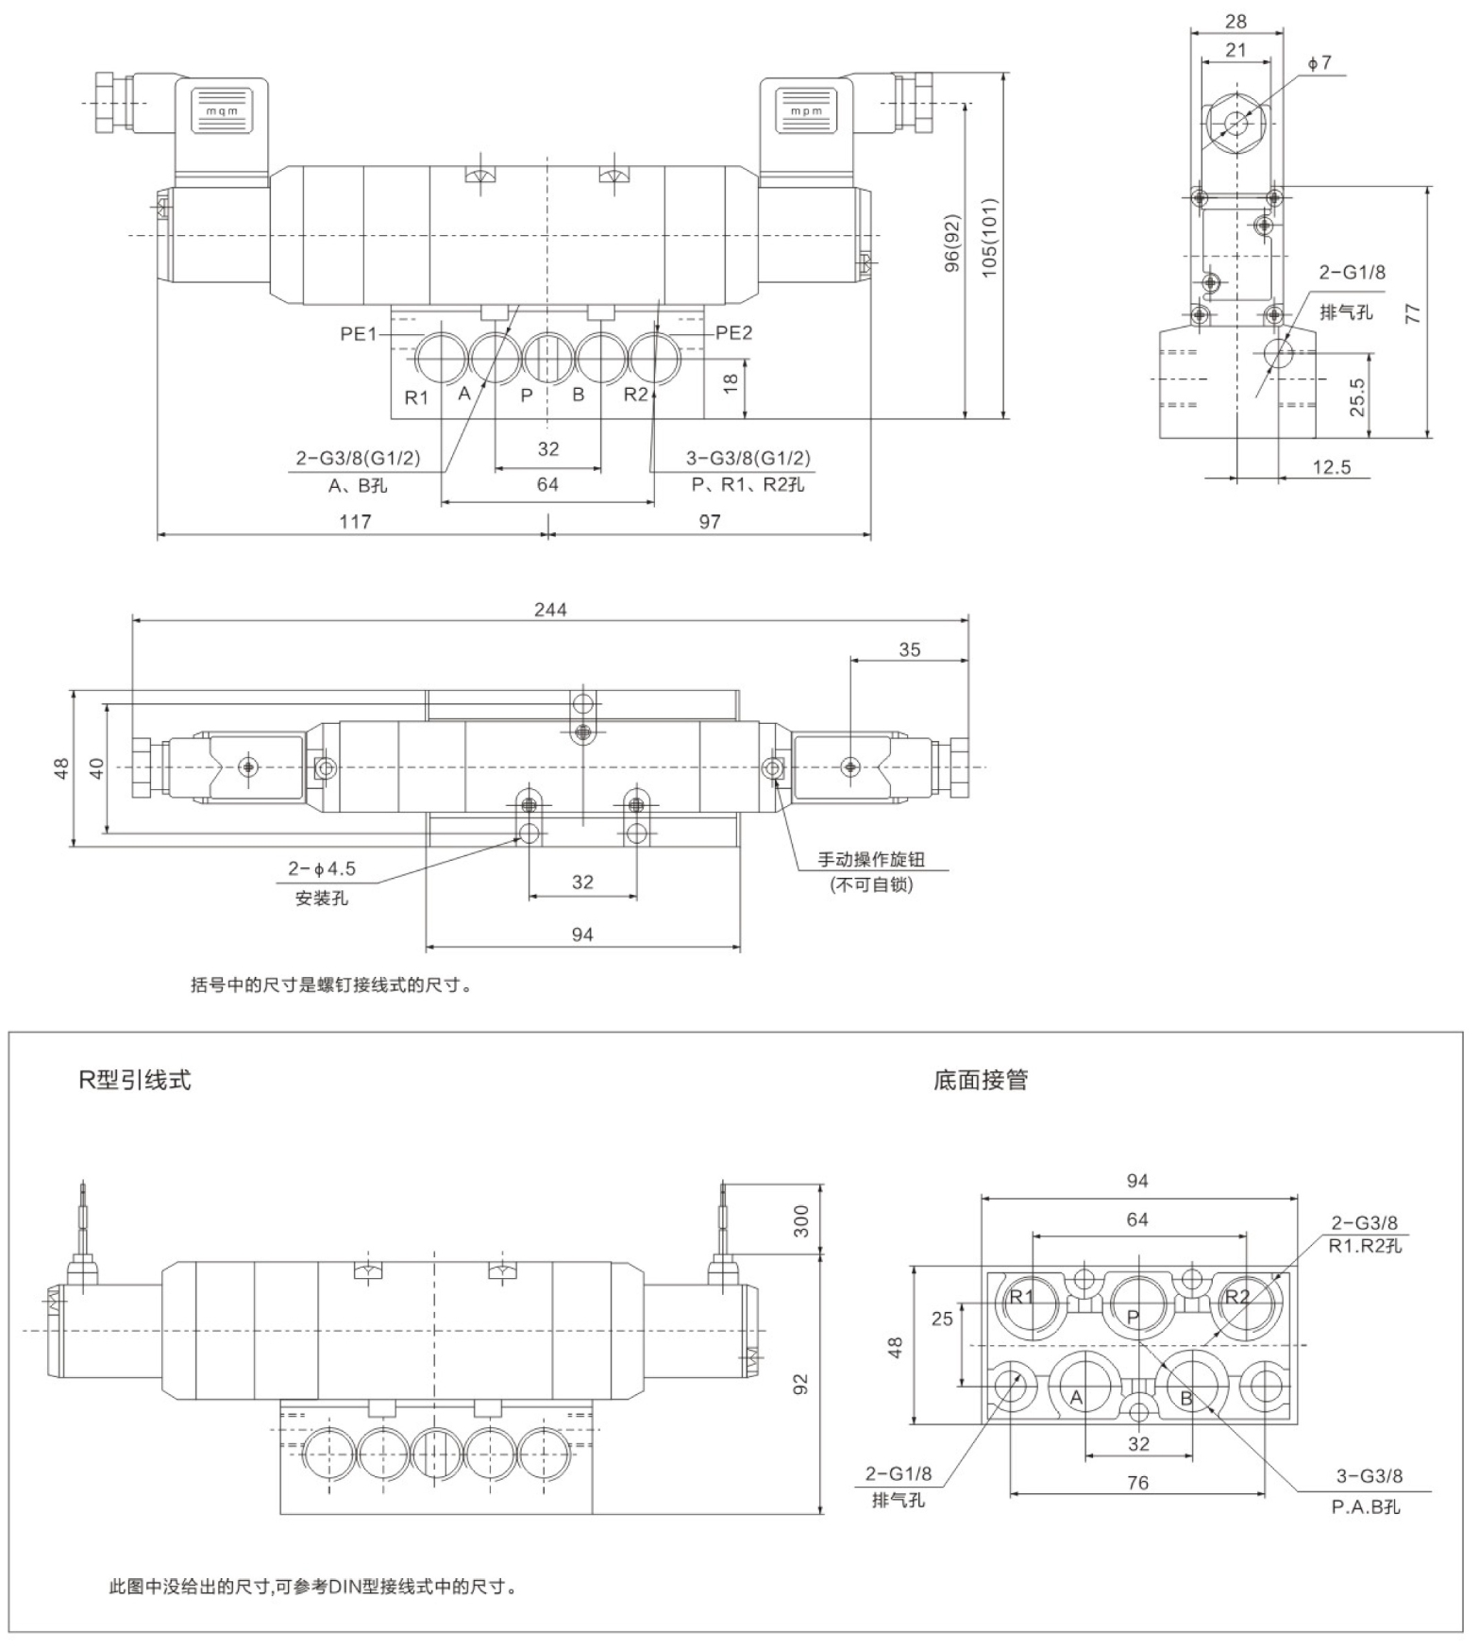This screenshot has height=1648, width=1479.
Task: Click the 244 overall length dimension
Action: (550, 610)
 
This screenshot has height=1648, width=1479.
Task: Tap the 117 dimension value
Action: (355, 522)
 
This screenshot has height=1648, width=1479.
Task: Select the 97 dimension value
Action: (710, 522)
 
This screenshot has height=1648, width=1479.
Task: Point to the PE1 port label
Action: (359, 333)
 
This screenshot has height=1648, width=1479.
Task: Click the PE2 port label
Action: (733, 332)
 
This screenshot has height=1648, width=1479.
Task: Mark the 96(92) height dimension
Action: (952, 244)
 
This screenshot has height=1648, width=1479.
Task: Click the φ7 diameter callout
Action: (1319, 62)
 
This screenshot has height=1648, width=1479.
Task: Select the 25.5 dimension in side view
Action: (1356, 397)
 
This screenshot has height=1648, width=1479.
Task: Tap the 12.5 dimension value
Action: (1331, 467)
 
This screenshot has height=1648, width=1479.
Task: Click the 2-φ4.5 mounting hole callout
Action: (322, 869)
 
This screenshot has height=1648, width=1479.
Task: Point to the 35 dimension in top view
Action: (909, 649)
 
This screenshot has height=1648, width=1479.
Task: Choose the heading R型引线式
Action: (135, 1080)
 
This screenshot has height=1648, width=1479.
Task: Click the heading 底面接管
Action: (980, 1080)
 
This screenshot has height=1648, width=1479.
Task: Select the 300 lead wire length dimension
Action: (801, 1220)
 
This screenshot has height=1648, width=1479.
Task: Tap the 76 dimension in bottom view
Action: (1137, 1483)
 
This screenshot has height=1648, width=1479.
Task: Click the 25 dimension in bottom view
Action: (942, 1319)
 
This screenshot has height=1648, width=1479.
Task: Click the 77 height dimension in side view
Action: (1413, 312)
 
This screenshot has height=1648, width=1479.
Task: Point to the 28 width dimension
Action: (1235, 21)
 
